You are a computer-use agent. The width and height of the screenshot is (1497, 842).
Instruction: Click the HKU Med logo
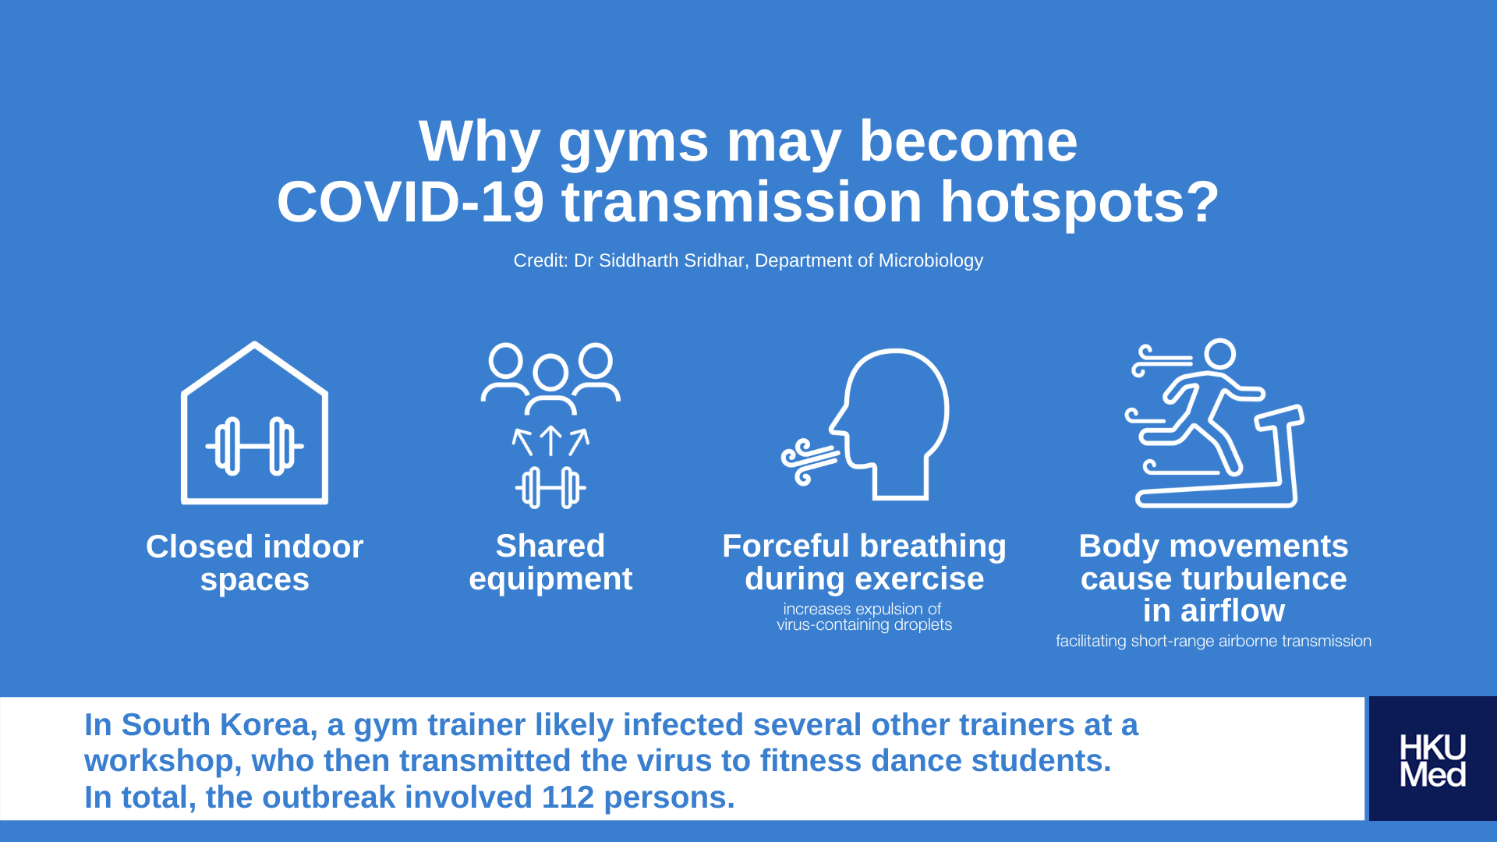click(x=1432, y=759)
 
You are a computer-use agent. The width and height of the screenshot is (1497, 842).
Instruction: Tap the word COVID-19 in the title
click(x=410, y=202)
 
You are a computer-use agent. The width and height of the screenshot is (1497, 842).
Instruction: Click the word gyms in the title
click(x=633, y=143)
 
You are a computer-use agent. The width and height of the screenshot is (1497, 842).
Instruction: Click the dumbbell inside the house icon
click(x=254, y=446)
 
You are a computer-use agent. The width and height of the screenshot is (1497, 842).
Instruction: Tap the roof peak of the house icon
click(x=254, y=344)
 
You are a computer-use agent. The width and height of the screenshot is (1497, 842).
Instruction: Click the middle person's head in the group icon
click(x=550, y=373)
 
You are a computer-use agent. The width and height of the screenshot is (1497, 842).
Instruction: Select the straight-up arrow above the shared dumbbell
click(x=550, y=440)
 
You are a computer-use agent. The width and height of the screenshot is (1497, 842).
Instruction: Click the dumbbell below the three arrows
click(x=550, y=488)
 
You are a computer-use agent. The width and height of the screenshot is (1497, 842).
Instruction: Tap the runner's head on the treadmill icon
click(x=1220, y=354)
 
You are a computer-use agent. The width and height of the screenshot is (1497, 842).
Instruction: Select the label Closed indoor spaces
click(x=255, y=563)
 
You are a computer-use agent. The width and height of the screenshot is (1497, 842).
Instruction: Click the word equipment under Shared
click(x=550, y=579)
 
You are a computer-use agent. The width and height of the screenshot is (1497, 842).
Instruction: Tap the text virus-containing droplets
click(x=864, y=625)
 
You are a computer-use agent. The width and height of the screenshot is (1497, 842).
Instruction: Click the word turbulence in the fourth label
click(x=1263, y=579)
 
